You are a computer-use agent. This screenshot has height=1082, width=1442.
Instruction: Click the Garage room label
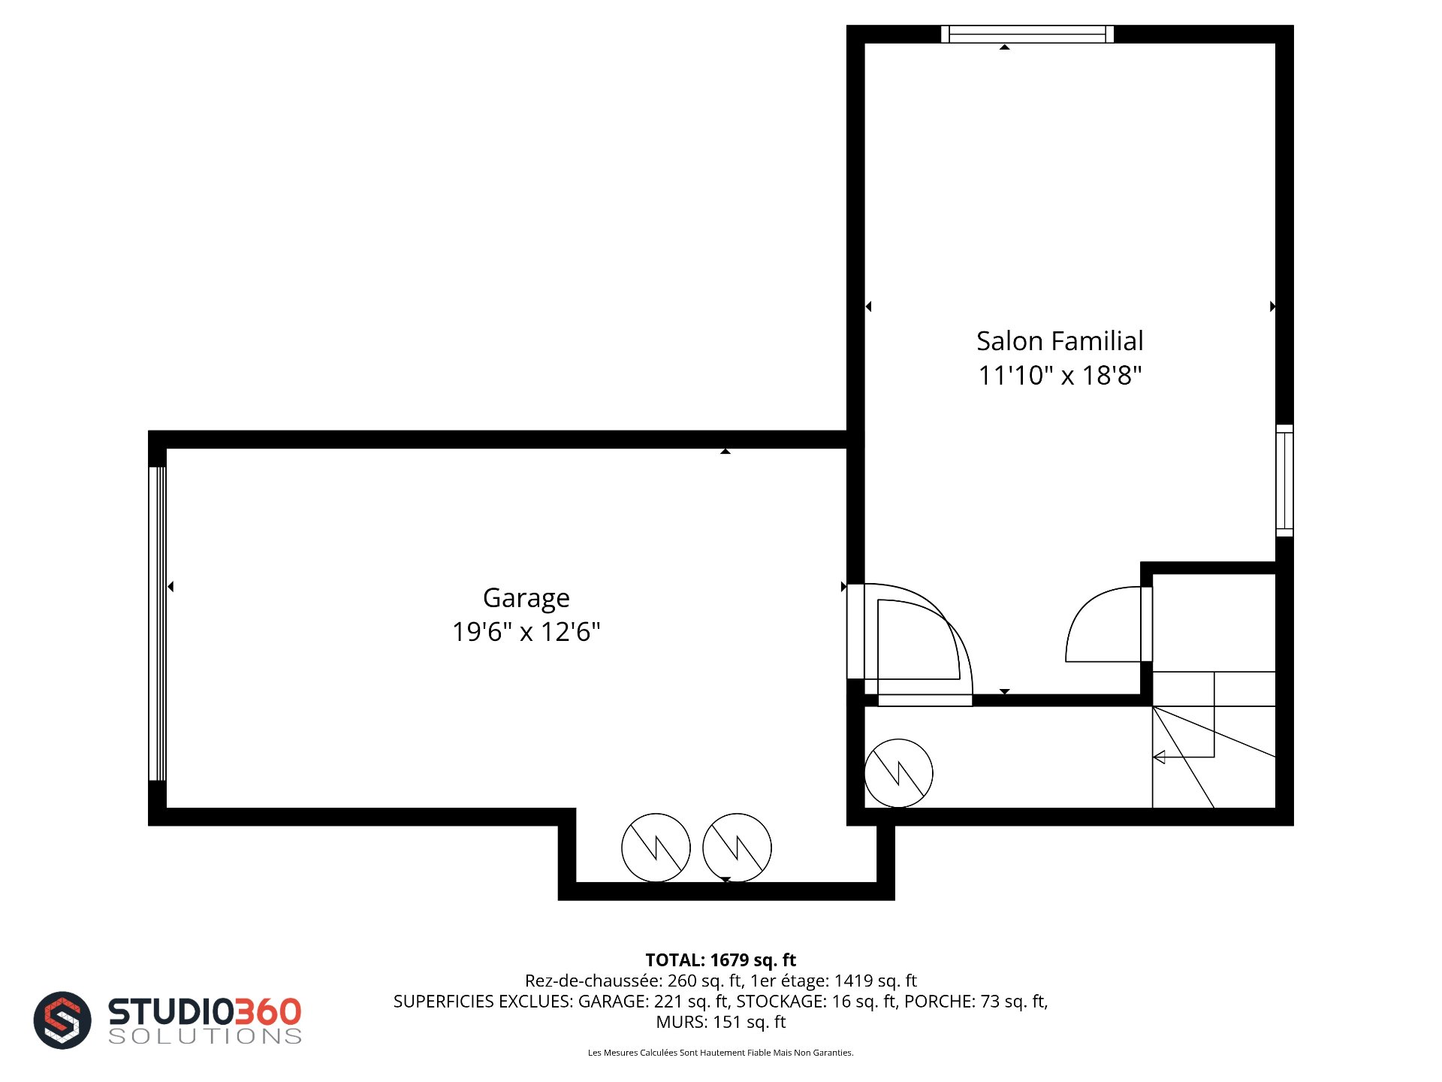pos(526,599)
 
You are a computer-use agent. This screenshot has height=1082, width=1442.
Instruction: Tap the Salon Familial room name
pos(1060,341)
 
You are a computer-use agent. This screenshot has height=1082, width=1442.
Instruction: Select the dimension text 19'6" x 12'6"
pos(526,632)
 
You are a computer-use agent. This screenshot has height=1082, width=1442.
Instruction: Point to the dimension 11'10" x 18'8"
pos(1060,375)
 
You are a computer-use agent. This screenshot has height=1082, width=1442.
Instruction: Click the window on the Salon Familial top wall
pos(1027,35)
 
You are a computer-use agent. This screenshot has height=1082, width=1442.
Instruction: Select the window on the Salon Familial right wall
pos(1284,481)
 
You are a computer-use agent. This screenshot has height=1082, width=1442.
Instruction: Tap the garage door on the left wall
pos(157,624)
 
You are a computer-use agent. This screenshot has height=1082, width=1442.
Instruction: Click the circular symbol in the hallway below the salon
pos(898,773)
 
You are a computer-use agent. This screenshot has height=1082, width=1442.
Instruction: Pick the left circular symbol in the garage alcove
pos(656,848)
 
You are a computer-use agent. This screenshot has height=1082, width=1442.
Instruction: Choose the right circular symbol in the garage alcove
pos(737,848)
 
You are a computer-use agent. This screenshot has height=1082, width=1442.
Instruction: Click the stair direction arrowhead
pos(1159,757)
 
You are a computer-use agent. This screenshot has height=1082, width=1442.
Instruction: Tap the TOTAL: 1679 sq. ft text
pos(721,960)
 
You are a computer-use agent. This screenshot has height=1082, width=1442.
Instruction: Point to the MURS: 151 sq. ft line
pos(721,1022)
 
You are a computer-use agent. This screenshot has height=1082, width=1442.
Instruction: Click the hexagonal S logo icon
pos(62,1020)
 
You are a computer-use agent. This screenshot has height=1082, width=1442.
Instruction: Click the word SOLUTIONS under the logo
pos(205,1036)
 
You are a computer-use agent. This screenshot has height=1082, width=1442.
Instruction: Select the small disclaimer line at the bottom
pos(721,1053)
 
